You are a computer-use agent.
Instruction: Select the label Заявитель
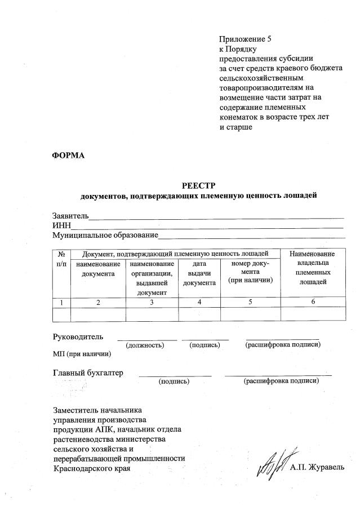70,216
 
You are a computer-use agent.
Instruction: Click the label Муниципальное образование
105,235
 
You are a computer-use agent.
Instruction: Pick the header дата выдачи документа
199,273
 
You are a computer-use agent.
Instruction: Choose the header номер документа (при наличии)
250,272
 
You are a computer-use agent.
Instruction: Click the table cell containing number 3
152,303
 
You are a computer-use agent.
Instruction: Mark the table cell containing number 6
312,303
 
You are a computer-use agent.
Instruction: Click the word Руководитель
78,336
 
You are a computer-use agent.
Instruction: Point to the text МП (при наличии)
82,354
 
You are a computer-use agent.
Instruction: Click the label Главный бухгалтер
88,372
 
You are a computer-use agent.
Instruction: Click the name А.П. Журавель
316,467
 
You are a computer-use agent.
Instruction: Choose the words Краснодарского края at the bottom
87,468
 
